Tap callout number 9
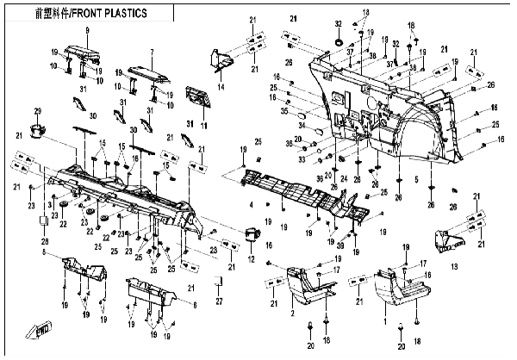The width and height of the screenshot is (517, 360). coord(87,31)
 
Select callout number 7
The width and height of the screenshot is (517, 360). coord(152,52)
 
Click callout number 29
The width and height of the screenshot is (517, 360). coord(37,111)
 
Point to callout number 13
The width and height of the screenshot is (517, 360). coord(455,267)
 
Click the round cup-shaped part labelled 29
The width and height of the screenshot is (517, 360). coord(37,131)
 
